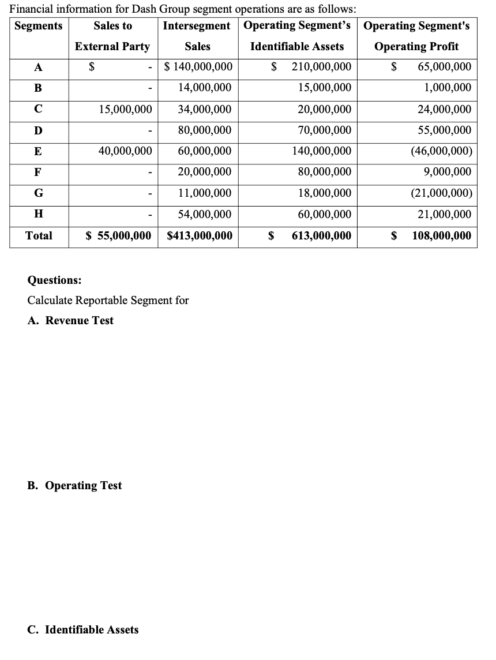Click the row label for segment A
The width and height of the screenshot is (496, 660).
coord(38,67)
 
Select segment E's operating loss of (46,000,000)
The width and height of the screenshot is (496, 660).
coord(441,151)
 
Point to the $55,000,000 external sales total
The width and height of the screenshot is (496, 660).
coord(119,235)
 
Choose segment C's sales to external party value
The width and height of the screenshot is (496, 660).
coord(126,109)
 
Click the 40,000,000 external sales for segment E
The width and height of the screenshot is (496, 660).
coord(126,151)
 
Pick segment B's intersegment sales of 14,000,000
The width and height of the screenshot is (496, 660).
coord(205,88)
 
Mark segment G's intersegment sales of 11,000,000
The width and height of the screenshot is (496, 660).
coord(205,193)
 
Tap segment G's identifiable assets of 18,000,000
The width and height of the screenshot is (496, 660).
coord(324,193)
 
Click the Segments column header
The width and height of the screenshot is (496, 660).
coord(39,26)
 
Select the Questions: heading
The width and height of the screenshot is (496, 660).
coord(55,280)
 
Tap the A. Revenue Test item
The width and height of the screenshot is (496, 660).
coord(71,321)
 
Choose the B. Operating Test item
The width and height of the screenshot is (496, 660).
coord(75,486)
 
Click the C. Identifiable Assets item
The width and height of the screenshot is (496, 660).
coord(83,629)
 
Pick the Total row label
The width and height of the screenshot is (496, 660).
coord(39,235)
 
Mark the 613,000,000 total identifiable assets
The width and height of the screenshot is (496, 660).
coord(321,235)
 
